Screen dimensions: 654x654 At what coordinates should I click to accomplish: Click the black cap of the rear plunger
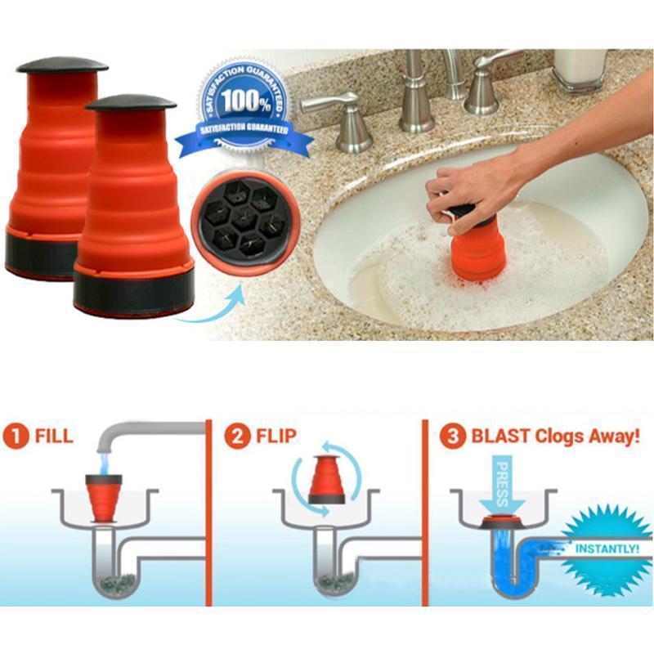62,64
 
